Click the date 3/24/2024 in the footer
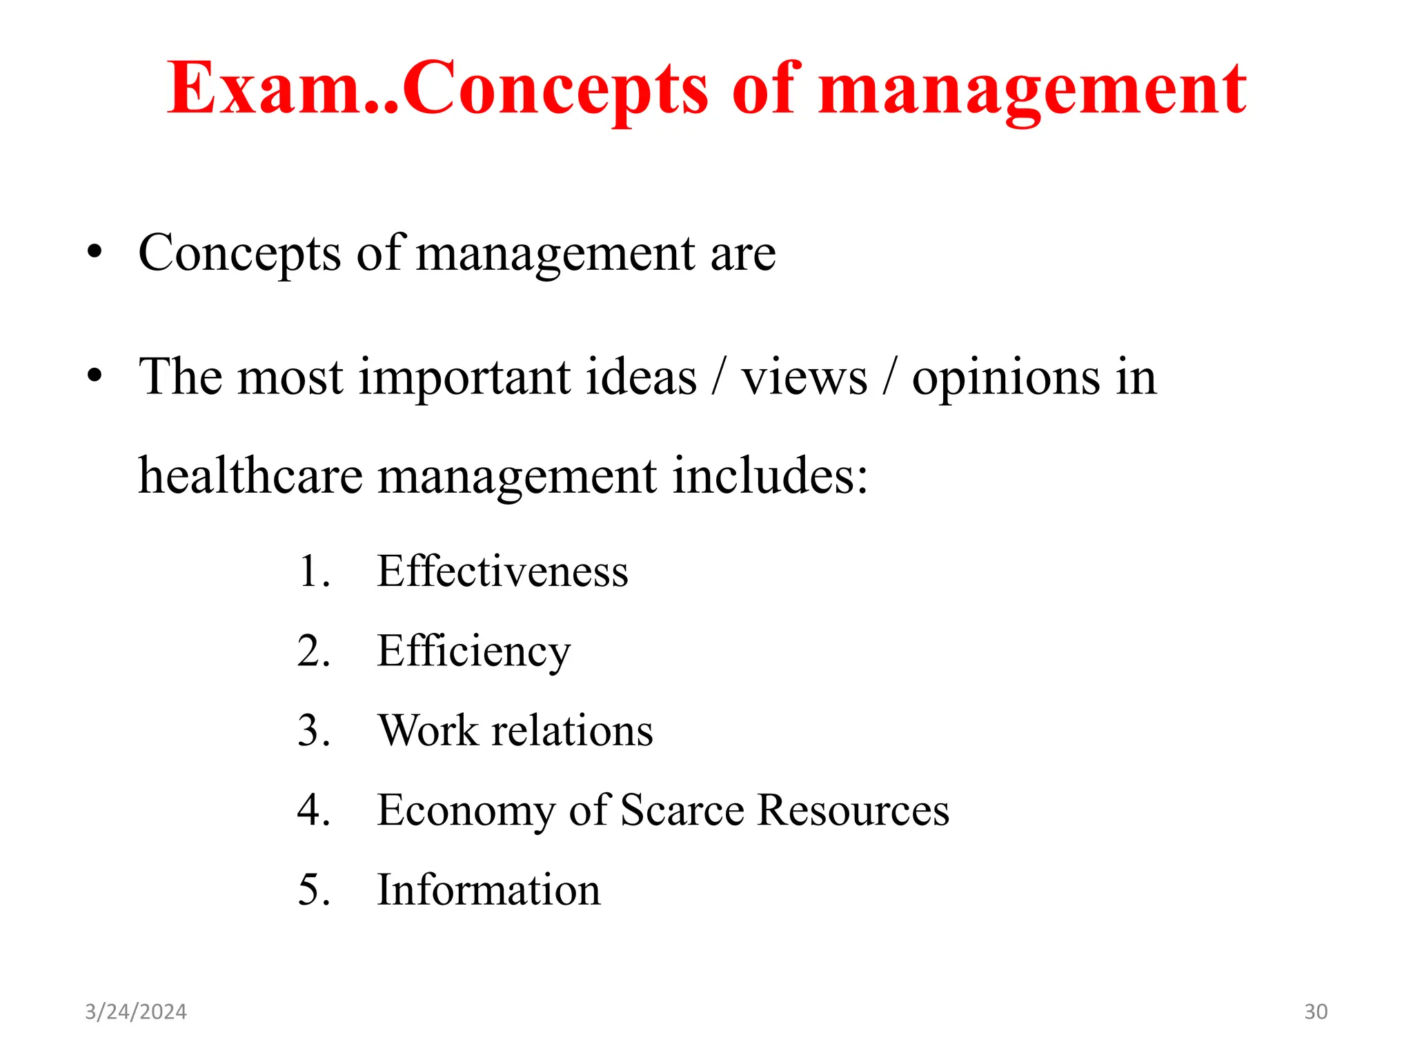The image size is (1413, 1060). (136, 1012)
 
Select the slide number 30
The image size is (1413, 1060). (1316, 1012)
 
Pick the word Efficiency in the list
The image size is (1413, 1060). (474, 651)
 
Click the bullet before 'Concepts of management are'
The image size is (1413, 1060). (95, 253)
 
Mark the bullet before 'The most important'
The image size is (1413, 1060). (95, 377)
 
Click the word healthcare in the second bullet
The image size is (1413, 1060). (250, 475)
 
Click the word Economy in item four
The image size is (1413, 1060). (466, 811)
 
